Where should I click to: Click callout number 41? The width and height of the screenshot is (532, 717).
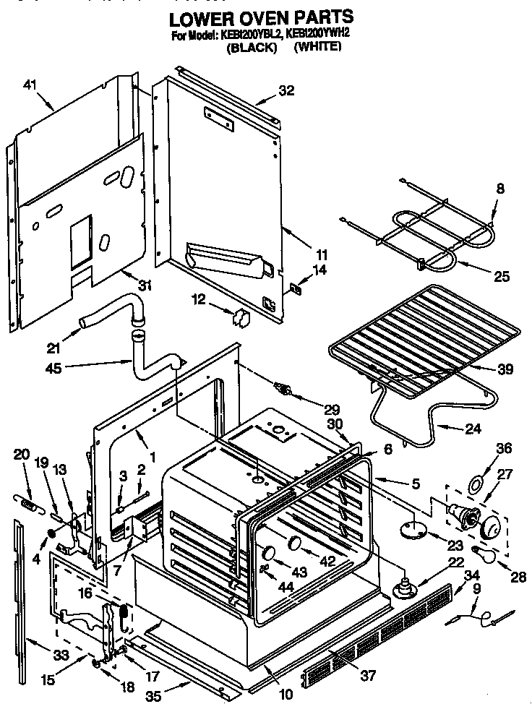(x=30, y=85)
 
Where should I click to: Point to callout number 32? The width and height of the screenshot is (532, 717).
(x=287, y=91)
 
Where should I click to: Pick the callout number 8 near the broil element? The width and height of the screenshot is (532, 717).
(x=499, y=189)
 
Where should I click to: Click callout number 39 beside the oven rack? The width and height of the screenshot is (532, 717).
(x=505, y=369)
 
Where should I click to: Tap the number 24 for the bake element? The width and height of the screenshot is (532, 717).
(x=472, y=429)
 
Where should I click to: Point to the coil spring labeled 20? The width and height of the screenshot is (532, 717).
(x=28, y=501)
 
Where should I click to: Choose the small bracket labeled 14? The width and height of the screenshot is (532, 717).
(x=295, y=288)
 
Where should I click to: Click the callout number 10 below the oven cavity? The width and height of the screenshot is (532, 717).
(x=286, y=695)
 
